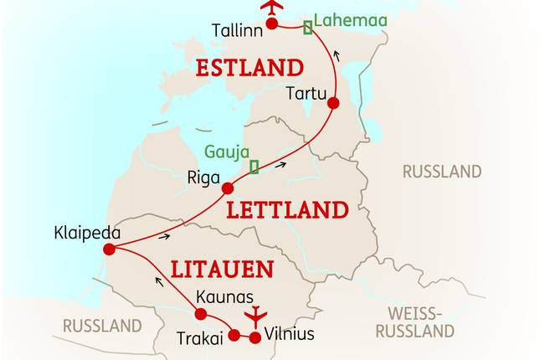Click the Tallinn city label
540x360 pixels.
(x=237, y=29)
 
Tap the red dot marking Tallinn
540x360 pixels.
(x=271, y=23)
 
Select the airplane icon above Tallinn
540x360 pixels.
(x=271, y=7)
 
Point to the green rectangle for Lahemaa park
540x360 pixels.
(x=307, y=27)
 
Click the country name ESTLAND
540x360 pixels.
(x=249, y=67)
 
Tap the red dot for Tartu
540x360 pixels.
(x=333, y=104)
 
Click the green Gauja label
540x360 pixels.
(x=226, y=152)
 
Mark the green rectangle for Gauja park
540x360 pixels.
(x=254, y=166)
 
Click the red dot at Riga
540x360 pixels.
(x=227, y=188)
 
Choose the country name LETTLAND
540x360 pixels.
(x=287, y=209)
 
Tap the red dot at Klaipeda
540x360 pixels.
(x=109, y=249)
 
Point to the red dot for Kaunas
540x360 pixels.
(x=200, y=314)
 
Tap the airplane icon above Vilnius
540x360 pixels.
(x=255, y=317)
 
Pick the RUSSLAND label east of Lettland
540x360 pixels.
(x=442, y=172)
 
